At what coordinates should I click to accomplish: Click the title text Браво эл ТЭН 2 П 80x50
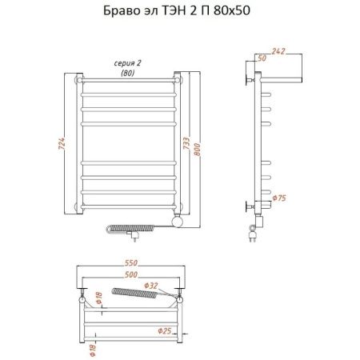(177, 10)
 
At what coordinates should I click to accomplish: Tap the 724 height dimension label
(62, 143)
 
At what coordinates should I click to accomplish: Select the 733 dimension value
(186, 143)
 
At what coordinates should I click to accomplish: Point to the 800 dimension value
(197, 150)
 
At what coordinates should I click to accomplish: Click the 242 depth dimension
(278, 51)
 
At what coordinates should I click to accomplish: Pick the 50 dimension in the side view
(262, 58)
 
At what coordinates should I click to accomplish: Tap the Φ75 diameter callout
(279, 198)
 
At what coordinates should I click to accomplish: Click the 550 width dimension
(131, 263)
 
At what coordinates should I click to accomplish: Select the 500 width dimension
(131, 274)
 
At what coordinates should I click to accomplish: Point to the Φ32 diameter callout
(151, 286)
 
